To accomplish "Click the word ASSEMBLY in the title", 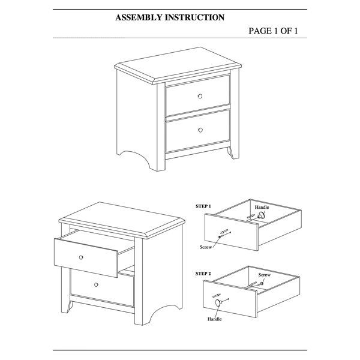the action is tap(139, 17).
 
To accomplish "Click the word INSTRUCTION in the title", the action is tap(194, 17).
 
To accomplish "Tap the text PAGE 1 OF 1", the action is tap(273, 31).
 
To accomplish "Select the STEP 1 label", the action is tap(203, 206).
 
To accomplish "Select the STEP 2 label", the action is tap(203, 274).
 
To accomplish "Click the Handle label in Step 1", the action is tap(262, 207).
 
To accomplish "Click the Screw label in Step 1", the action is tap(206, 247).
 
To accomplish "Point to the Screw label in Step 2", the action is tap(265, 275).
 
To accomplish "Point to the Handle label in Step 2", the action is tap(215, 319).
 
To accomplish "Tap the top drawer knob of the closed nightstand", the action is tap(200, 96).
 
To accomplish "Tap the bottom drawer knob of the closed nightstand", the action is tap(200, 130).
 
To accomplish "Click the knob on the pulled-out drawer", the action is tap(81, 257).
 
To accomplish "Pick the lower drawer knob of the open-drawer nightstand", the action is tap(96, 284).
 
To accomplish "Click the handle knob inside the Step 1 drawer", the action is tap(261, 215).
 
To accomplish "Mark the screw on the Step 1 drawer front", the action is tap(224, 235).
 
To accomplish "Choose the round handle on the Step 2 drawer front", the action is tap(218, 302).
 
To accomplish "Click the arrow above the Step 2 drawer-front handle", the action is tap(217, 295).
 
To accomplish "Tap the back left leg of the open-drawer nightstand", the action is tap(68, 307).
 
